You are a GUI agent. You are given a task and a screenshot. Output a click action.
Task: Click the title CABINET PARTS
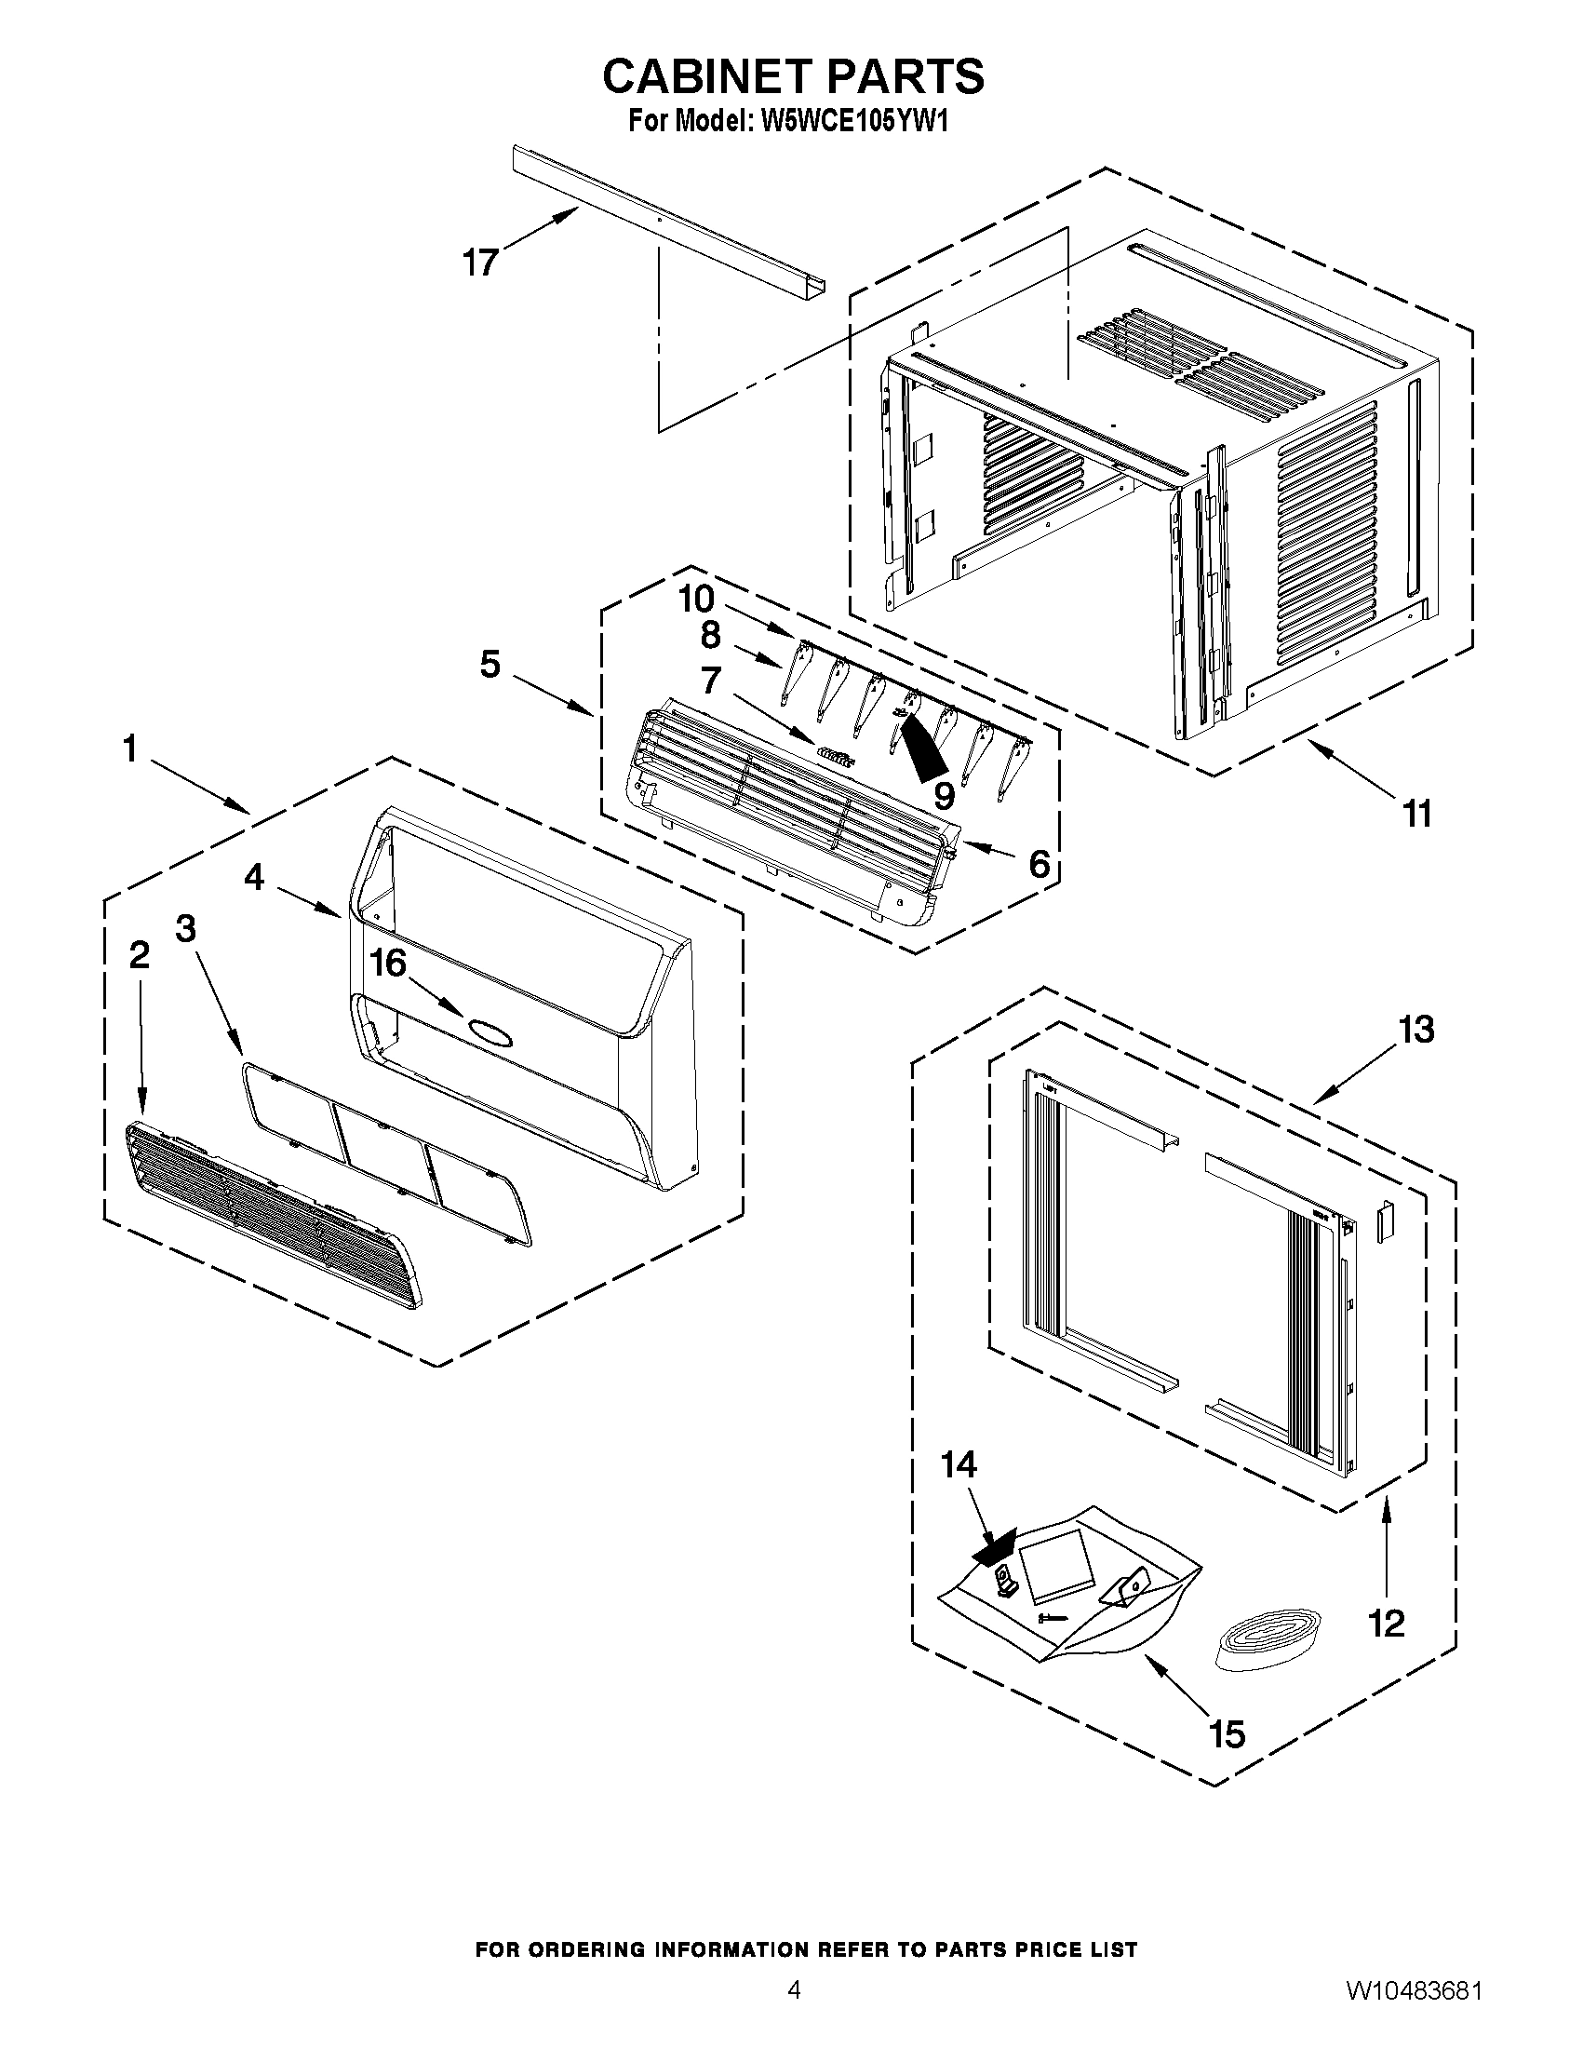pos(793,77)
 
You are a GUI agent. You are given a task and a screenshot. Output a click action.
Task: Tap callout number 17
pos(480,263)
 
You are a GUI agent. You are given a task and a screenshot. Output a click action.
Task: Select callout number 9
pos(944,796)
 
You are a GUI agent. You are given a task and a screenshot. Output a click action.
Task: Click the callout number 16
pos(388,963)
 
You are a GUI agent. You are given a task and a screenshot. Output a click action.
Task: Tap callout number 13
pos(1416,1030)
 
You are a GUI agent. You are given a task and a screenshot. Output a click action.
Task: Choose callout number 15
pos(1227,1733)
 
